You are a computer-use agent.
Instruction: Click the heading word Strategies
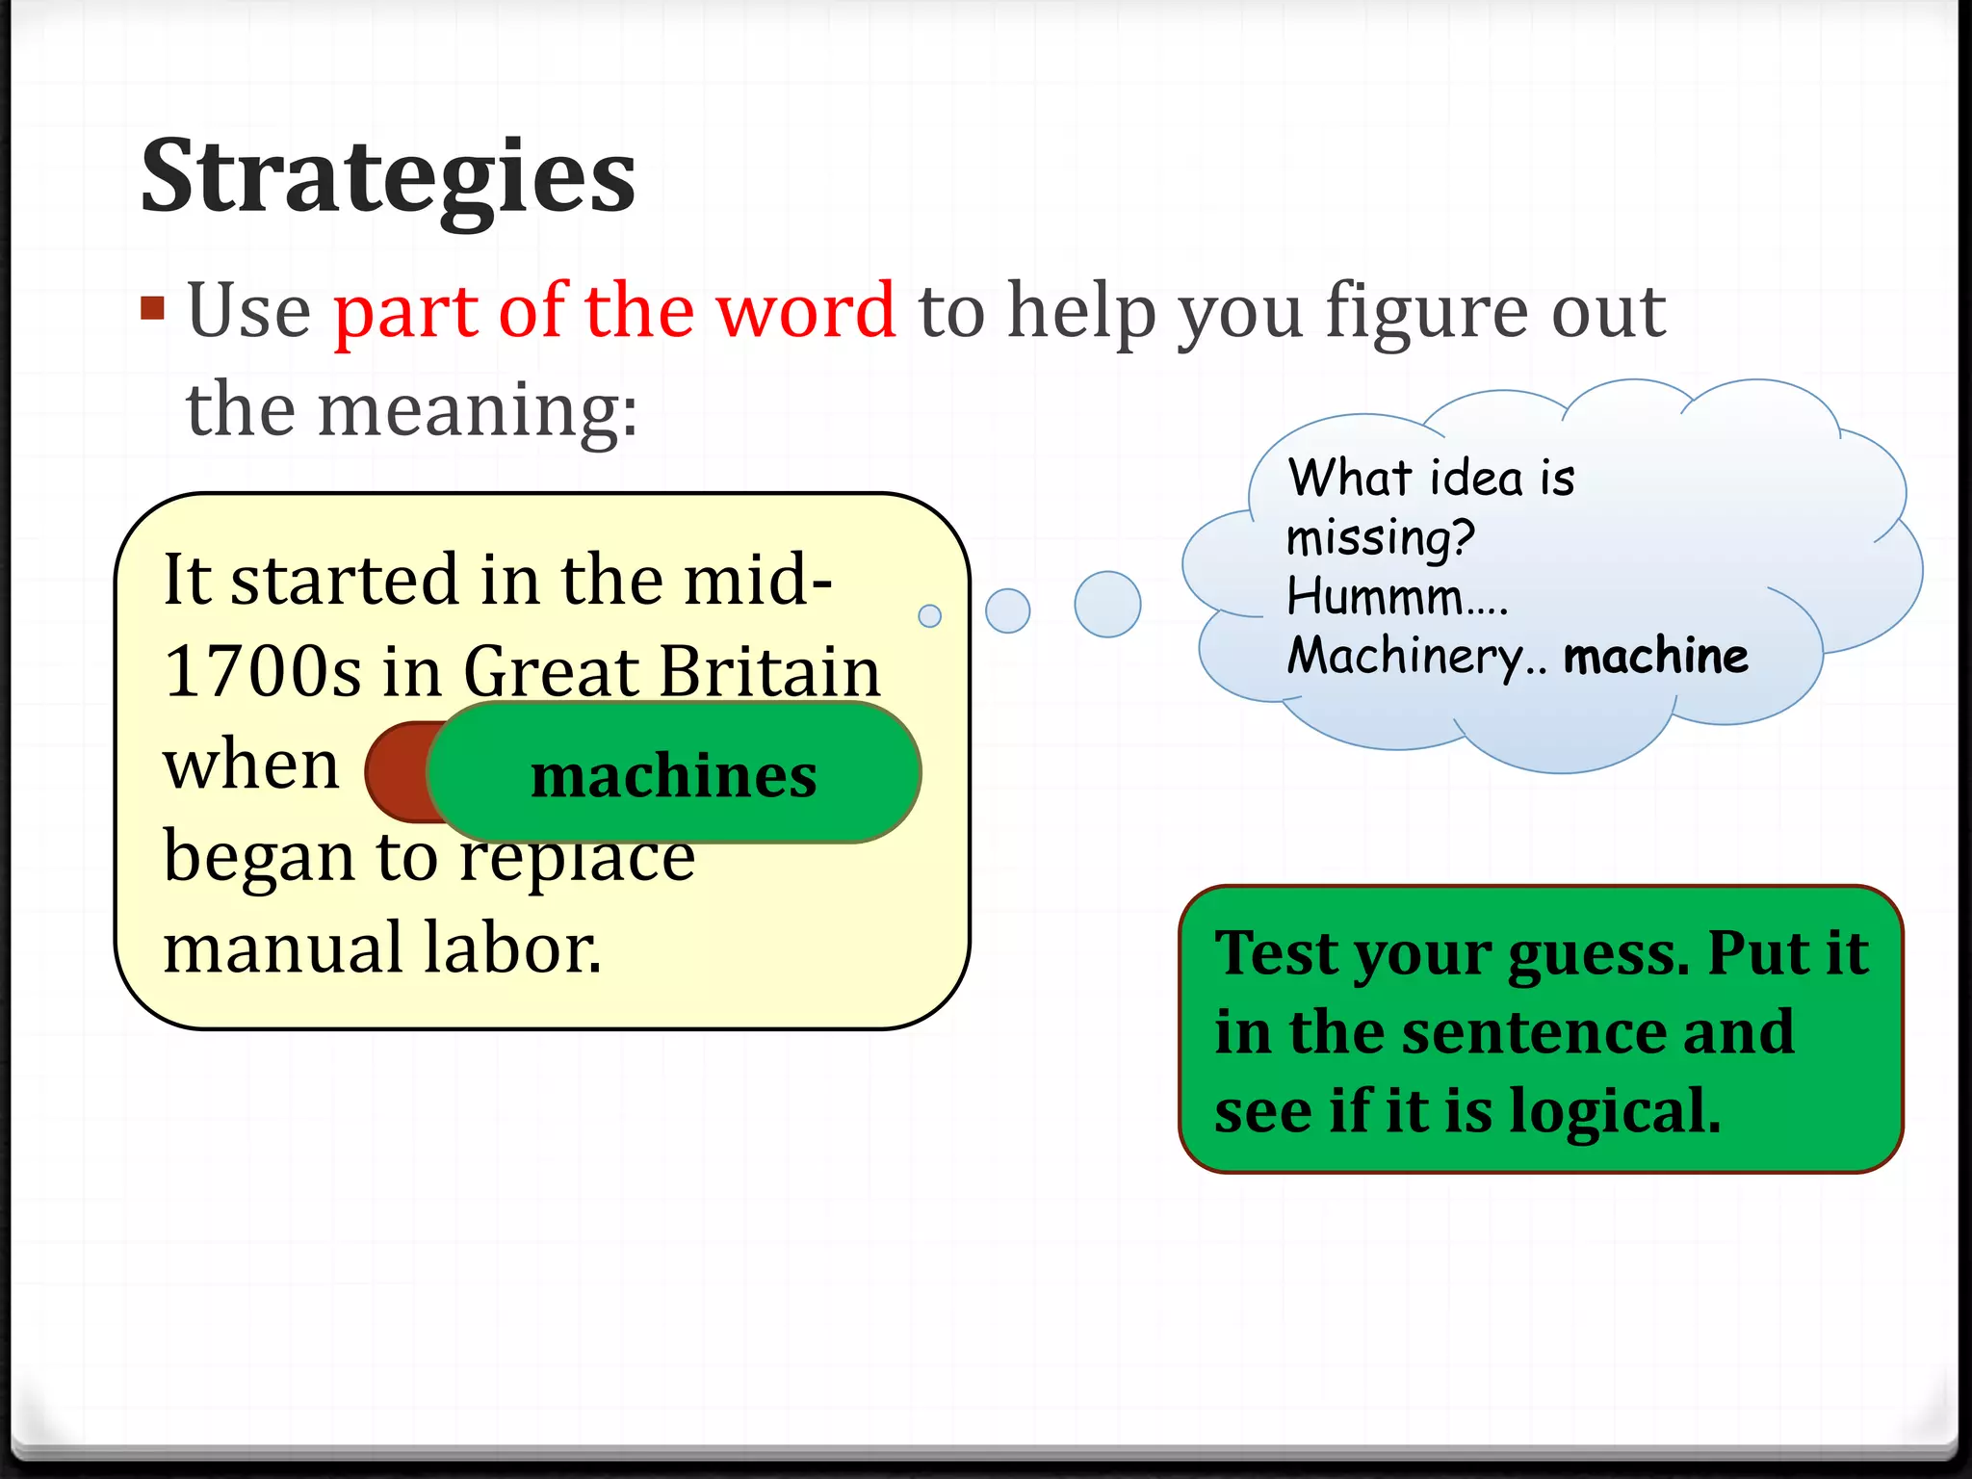(x=387, y=178)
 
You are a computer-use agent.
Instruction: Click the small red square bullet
(x=152, y=308)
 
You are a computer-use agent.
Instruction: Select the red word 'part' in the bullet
(x=405, y=313)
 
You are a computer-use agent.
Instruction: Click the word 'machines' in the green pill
(x=673, y=775)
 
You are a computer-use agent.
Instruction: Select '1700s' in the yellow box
(x=260, y=671)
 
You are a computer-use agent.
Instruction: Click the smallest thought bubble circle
(x=929, y=615)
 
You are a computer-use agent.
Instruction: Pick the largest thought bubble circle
(x=1107, y=605)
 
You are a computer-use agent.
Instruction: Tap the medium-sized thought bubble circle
(x=1007, y=610)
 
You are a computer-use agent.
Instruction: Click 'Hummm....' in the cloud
(x=1396, y=597)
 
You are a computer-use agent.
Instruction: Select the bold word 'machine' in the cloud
(x=1655, y=657)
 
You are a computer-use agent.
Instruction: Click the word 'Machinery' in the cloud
(x=1406, y=657)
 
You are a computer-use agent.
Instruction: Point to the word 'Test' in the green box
(x=1278, y=953)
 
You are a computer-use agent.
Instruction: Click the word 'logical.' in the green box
(x=1615, y=1112)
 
